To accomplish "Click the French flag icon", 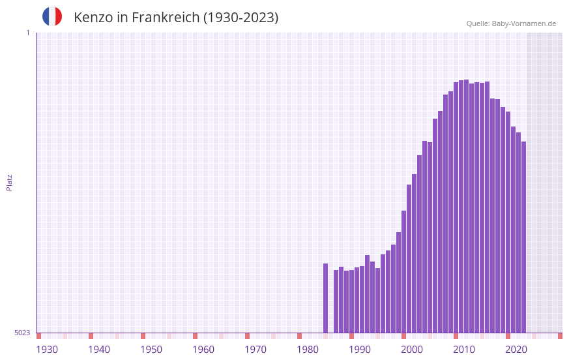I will coord(52,16).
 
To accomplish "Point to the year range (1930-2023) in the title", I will coord(241,18).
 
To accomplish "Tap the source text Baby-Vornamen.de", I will coord(524,23).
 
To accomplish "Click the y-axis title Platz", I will coord(9,182).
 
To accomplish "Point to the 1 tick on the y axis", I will coord(27,33).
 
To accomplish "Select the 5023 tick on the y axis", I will coord(22,333).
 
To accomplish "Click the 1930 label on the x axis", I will coord(47,350).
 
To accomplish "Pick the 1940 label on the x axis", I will coord(99,350).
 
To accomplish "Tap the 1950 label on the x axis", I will coord(151,350).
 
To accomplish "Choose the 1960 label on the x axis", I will coord(203,350).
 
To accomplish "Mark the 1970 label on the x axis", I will coord(255,350).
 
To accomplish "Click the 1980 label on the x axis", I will coord(308,350).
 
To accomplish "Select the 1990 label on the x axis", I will coord(360,350).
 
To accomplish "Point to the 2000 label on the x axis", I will coord(412,350).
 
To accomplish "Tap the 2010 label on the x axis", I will coord(464,350).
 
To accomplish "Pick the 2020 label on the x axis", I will coord(516,350).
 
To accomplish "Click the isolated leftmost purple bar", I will coord(325,298).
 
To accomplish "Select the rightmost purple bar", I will coord(523,237).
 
